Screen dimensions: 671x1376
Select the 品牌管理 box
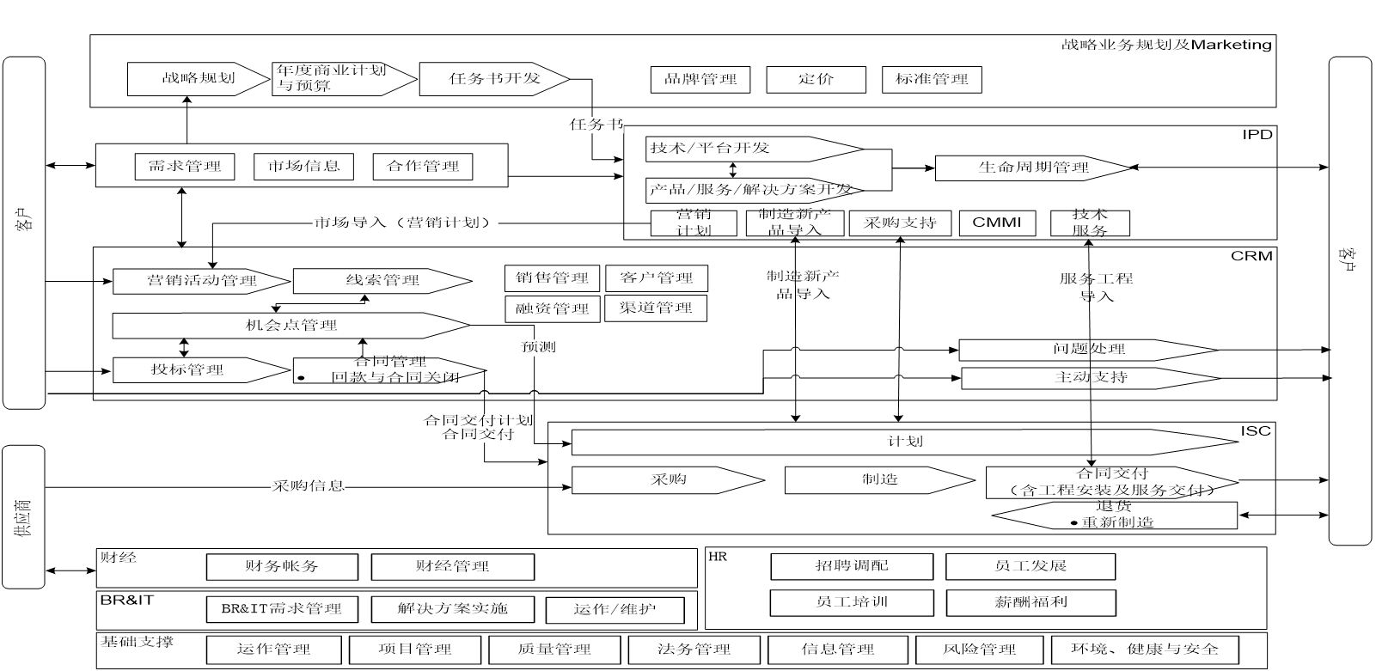point(700,80)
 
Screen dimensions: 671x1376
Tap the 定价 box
point(816,80)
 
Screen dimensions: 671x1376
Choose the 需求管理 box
point(185,167)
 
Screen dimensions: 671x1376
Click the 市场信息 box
point(303,167)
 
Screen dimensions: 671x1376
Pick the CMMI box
point(997,223)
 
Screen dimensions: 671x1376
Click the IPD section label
point(1257,135)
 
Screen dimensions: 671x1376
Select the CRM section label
point(1251,256)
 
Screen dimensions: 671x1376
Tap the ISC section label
point(1255,430)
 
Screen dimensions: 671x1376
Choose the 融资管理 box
point(553,308)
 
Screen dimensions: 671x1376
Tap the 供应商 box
point(24,516)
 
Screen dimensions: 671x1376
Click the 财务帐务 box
point(282,567)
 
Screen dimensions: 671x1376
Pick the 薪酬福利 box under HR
point(1030,602)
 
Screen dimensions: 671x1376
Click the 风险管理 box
point(979,650)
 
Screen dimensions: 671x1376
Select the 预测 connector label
point(538,347)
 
